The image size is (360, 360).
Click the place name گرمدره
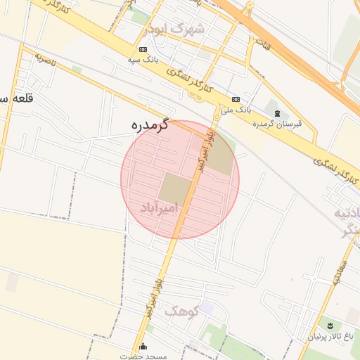pos(150,125)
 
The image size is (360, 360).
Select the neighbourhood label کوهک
pos(181,310)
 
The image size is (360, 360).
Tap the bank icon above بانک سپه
pos(143,50)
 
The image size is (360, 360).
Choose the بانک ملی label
pos(236,110)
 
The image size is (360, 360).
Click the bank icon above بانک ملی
pos(236,100)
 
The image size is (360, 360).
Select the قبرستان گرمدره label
pos(277,124)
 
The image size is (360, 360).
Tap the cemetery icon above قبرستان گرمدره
pos(277,113)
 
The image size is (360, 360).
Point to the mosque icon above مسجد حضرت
pos(143,346)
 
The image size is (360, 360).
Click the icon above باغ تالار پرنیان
pos(330,324)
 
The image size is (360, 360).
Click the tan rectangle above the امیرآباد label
pos(175,188)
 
